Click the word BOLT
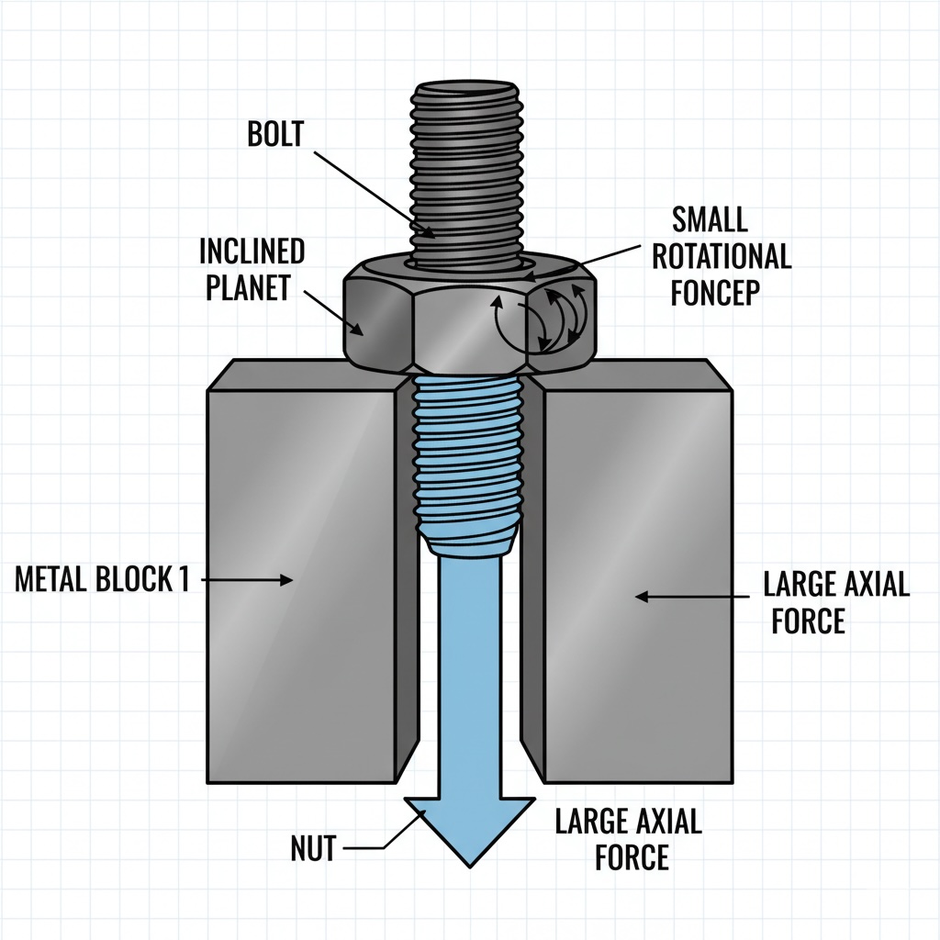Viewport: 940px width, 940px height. click(274, 134)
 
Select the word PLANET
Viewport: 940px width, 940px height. click(247, 287)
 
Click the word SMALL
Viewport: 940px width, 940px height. click(710, 219)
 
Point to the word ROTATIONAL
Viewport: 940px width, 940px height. click(722, 256)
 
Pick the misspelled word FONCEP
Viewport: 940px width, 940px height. click(716, 293)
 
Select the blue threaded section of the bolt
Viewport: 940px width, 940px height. click(469, 459)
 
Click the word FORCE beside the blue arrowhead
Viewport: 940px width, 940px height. click(632, 857)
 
